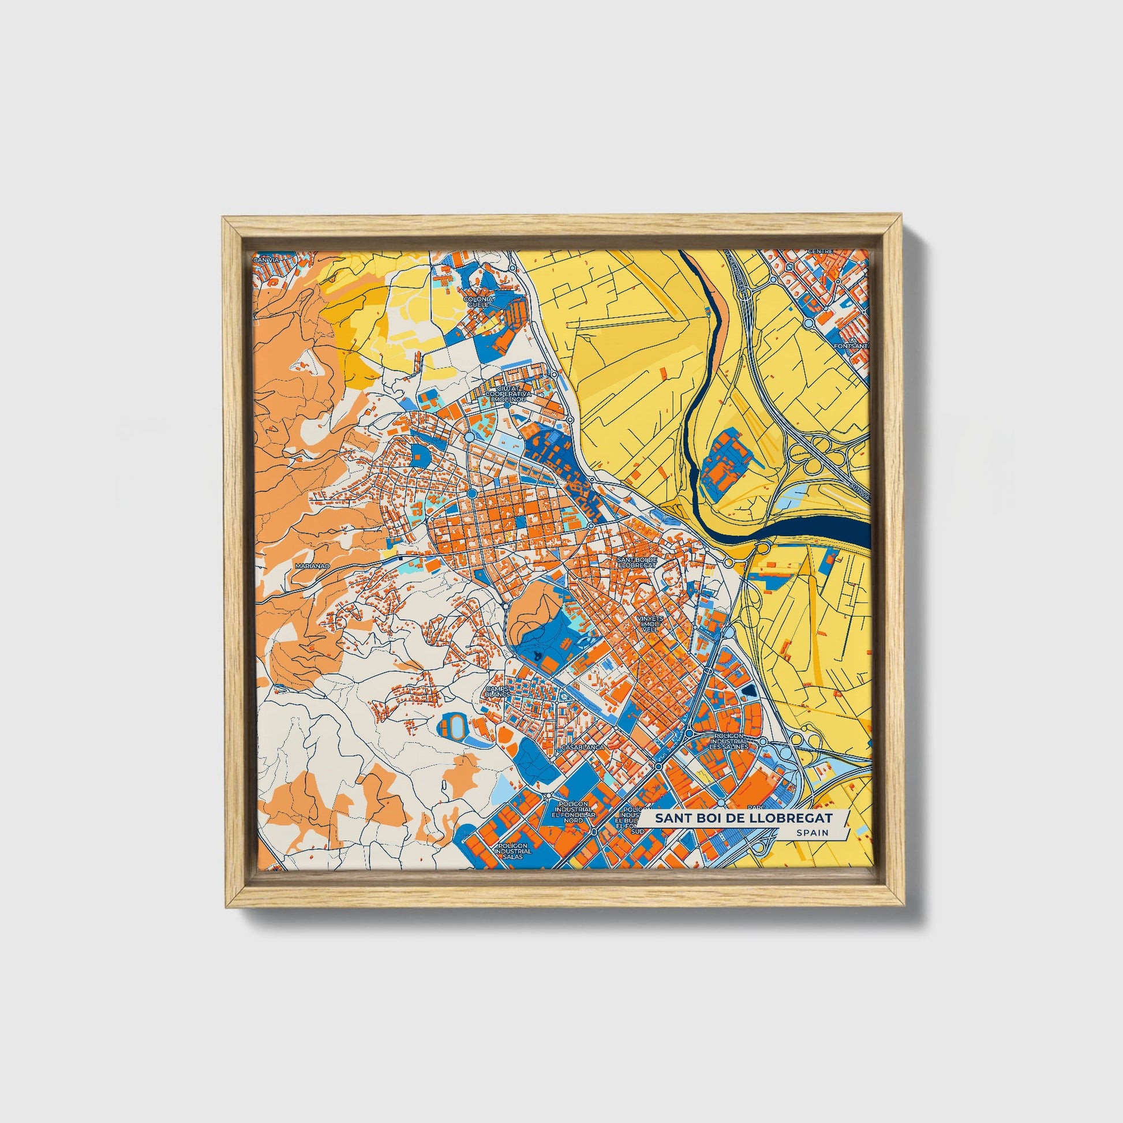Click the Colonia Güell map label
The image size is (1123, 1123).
[x=480, y=301]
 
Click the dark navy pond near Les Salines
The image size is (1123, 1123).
[x=748, y=690]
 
